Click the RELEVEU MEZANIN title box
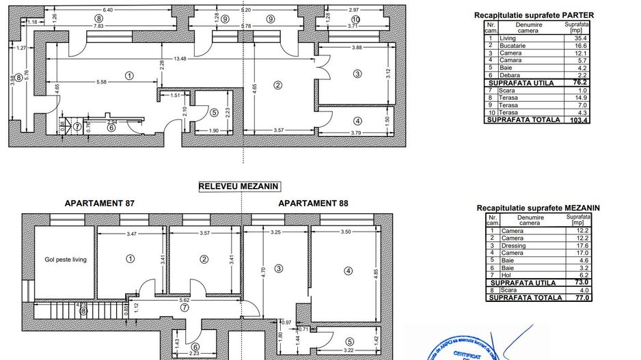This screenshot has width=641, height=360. click(x=239, y=186)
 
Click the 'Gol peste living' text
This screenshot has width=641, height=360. click(x=66, y=260)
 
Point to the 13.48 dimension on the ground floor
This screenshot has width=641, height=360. click(x=180, y=58)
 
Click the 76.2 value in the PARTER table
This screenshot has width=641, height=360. click(x=577, y=81)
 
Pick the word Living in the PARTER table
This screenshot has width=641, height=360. click(x=508, y=39)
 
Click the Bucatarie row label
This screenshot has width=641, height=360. click(x=514, y=45)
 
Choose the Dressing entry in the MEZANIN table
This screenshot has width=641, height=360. click(x=513, y=247)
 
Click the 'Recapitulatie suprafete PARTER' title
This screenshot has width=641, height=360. click(x=533, y=15)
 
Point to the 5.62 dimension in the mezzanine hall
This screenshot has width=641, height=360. click(x=184, y=300)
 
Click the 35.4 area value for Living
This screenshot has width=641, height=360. click(x=576, y=39)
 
